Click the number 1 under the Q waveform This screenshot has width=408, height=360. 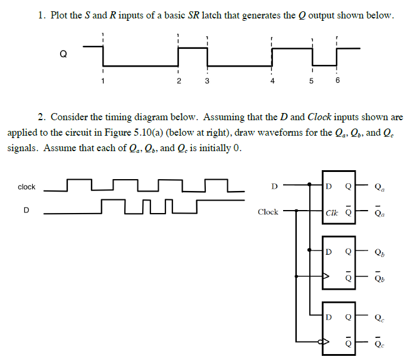click(103, 82)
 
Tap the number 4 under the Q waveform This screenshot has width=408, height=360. click(272, 82)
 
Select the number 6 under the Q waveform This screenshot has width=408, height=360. click(337, 82)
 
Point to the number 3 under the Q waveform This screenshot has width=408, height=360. click(206, 82)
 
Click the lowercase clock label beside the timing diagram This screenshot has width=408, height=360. click(27, 187)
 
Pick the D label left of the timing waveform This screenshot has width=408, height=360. click(26, 209)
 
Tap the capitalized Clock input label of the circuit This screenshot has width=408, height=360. click(268, 212)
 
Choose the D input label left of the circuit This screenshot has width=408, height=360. click(274, 186)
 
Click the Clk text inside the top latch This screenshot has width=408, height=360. click(332, 212)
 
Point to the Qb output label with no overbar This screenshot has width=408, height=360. click(379, 252)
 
